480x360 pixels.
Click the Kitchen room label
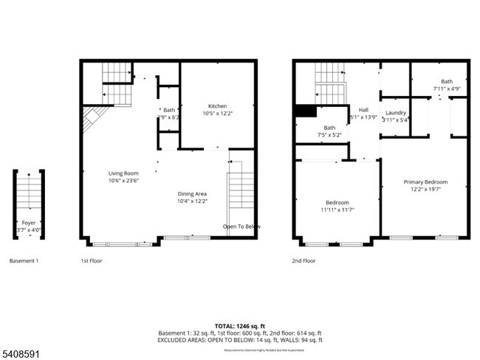point(217,106)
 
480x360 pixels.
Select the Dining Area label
point(192,193)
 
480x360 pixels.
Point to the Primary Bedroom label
point(425,181)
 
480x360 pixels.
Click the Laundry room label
point(396,112)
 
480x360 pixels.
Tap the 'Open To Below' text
point(241,226)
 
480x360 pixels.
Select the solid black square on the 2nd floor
point(304,111)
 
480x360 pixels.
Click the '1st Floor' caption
point(91,260)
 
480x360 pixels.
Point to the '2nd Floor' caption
point(304,260)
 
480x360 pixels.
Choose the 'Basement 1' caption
point(24,260)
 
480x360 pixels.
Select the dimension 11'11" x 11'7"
point(337,210)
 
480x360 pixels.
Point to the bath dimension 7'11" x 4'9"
point(447,89)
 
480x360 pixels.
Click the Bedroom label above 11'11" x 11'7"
point(337,202)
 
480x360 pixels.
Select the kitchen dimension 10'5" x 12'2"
point(217,114)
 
